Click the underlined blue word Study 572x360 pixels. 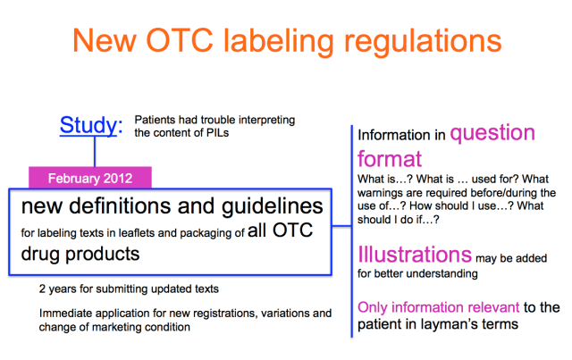(x=87, y=126)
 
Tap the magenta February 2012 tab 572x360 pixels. (x=92, y=177)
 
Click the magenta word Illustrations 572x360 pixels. (x=415, y=255)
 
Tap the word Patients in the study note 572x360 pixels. (x=154, y=119)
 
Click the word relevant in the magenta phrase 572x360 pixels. (x=489, y=307)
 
